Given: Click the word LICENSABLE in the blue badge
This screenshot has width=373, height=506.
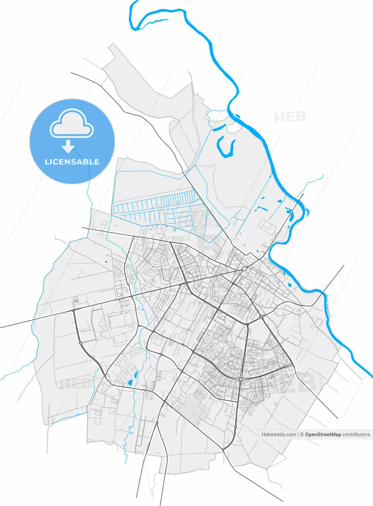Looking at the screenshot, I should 72,162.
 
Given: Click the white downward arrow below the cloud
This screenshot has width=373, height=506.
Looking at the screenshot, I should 68,147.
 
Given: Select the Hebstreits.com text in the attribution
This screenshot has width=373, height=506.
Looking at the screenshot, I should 279,434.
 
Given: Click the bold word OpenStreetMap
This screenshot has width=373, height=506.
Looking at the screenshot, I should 323,434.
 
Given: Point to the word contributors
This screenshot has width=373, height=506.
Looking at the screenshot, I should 356,434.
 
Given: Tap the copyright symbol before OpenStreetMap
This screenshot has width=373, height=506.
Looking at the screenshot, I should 302,434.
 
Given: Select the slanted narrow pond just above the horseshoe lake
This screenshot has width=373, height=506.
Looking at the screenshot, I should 219,127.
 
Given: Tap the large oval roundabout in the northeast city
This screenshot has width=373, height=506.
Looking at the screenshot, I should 245,269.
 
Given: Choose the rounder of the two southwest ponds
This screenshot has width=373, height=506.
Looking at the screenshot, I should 130,383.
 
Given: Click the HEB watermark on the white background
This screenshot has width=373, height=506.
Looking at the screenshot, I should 290,117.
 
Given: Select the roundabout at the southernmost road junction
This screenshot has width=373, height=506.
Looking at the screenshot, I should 223,449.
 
